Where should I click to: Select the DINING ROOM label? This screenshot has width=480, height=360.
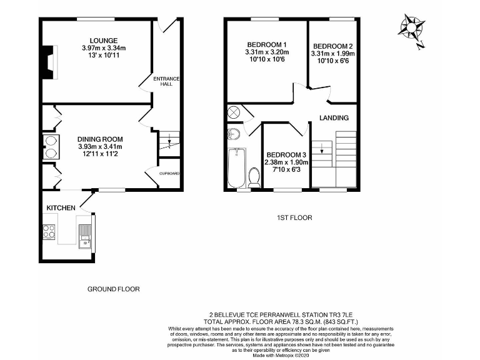100,139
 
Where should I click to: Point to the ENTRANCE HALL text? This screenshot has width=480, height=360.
167,81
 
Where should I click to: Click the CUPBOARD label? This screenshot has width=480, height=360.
169,173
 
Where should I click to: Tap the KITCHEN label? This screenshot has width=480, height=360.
61,207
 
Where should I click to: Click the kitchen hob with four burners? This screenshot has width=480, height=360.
49,231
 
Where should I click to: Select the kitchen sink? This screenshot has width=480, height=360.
86,234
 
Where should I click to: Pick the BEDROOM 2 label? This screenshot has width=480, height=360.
333,46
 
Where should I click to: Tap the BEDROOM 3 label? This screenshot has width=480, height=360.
286,155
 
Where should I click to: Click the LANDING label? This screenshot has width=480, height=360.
334,117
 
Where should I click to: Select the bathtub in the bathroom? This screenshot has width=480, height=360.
236,167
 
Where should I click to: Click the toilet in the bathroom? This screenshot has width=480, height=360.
254,178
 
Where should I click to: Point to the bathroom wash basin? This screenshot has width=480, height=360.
234,134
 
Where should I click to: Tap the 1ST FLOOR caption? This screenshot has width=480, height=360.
294,217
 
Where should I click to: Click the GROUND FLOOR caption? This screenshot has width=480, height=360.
113,289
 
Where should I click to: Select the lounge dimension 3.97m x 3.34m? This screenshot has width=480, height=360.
104,48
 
